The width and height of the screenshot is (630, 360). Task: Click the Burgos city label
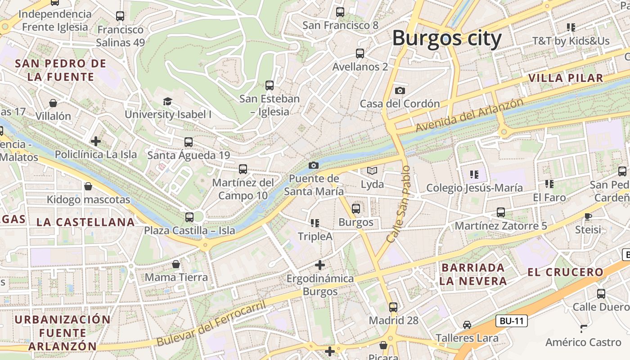pos(446,38)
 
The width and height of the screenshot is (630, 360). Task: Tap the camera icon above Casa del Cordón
pos(400,90)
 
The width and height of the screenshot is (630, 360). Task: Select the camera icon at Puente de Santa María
pos(314,165)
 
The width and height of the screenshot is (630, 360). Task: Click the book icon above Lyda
pos(372,171)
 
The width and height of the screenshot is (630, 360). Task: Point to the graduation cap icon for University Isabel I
pos(167,102)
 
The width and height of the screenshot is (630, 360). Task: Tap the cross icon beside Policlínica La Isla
pos(95,141)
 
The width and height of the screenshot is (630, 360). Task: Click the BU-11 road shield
pos(512,321)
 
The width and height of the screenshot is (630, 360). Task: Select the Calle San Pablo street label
pos(399,204)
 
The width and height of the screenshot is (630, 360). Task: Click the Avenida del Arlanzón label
pos(469,115)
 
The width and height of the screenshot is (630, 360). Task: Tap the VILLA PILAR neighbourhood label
pos(565,78)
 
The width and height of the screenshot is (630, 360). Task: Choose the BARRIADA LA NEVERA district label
pos(473,274)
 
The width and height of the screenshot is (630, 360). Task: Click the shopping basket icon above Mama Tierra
pos(176,264)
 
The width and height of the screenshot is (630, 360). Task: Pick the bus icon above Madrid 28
pos(393,307)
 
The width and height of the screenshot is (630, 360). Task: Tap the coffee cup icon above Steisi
pos(588,216)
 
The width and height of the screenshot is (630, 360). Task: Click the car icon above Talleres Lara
pos(467,325)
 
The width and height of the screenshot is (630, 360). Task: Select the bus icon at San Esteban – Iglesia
pos(269,85)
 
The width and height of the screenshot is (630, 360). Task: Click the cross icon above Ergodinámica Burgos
pos(320,265)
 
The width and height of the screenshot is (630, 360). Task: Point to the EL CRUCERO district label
pos(565,272)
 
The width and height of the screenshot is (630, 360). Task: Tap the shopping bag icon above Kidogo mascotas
pos(88,186)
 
